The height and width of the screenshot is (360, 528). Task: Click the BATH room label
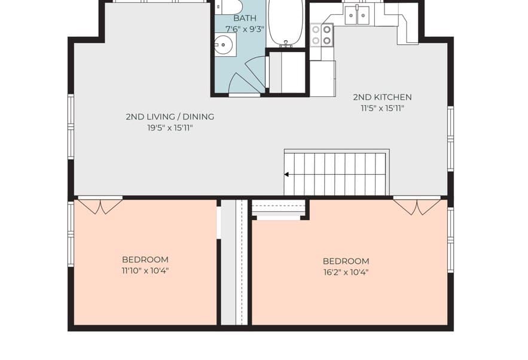[x=245, y=18]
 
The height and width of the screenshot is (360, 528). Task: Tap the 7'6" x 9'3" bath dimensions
[x=245, y=29]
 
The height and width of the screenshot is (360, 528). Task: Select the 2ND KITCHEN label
[x=382, y=97]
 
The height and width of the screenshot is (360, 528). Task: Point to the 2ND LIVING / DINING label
[x=170, y=117]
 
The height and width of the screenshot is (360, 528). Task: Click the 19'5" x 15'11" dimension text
[x=170, y=128]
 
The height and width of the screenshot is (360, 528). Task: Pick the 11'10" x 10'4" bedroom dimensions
[x=145, y=271]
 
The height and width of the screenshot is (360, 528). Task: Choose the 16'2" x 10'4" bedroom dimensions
[x=346, y=272]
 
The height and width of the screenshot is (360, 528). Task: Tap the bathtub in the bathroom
[x=286, y=23]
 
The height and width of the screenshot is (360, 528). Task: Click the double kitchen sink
[x=356, y=15]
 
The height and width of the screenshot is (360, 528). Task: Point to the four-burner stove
[x=321, y=35]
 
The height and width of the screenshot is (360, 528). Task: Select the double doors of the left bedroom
[x=100, y=206]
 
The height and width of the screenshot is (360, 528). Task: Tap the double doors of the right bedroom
[x=417, y=207]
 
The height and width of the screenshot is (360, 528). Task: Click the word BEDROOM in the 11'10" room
[x=145, y=260]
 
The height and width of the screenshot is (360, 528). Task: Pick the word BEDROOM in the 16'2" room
[x=346, y=261]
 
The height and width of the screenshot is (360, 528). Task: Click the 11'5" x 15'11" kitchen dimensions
[x=382, y=108]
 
